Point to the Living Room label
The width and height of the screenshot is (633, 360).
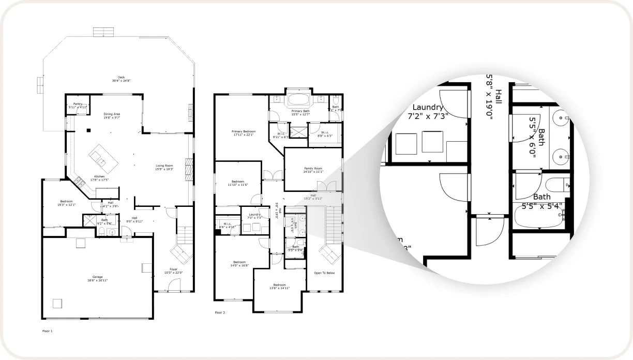coord(164,167)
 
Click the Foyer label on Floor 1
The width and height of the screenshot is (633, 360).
coord(173,271)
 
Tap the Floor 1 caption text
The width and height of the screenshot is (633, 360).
coord(47,331)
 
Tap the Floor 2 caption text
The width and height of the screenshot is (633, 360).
coord(220,312)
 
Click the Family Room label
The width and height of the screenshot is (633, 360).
coord(313,170)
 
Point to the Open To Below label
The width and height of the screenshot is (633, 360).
coord(324,273)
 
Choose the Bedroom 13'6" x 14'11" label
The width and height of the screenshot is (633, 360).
coord(279,287)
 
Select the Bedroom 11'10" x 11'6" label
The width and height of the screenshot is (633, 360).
coord(238,183)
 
